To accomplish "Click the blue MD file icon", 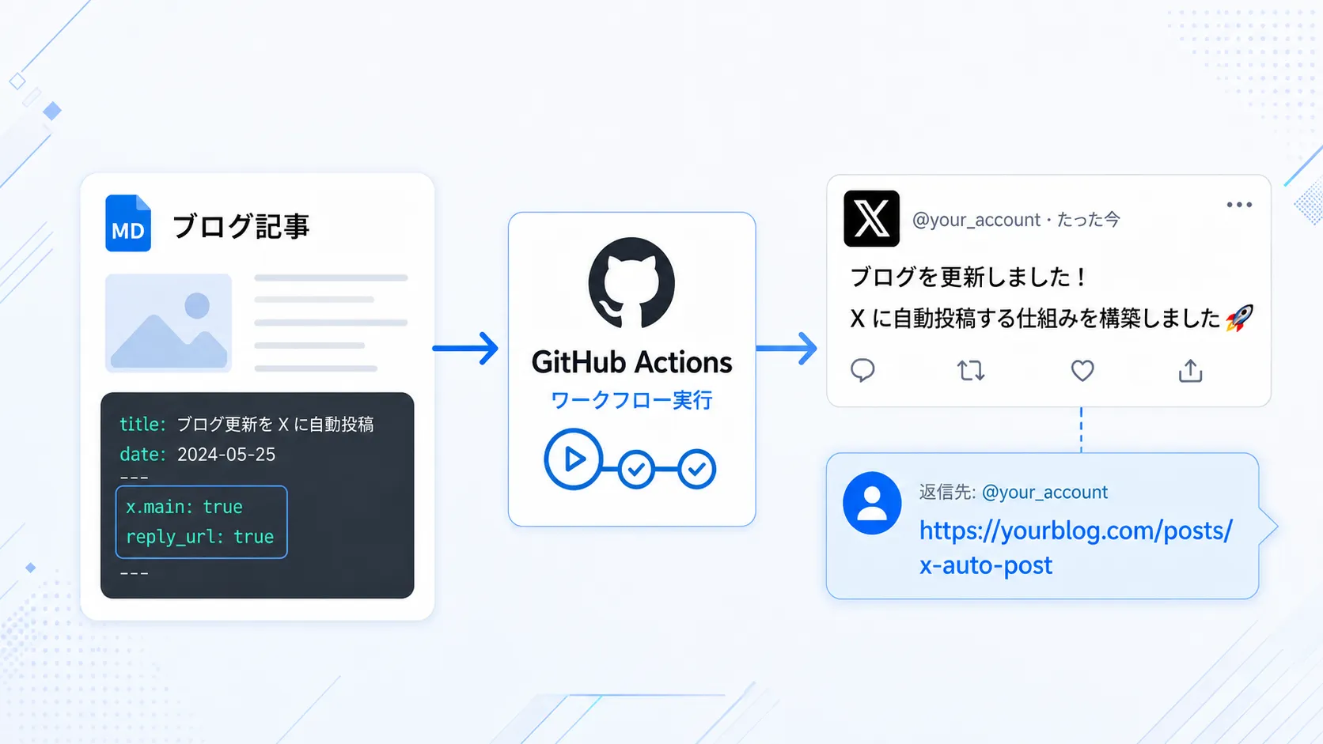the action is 128,223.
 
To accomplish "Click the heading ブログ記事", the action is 241,226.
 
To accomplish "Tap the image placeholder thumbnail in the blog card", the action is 169,323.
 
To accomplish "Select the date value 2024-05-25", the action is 226,455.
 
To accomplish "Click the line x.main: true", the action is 184,507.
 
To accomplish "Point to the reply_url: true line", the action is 199,537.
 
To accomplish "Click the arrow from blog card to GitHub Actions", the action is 465,348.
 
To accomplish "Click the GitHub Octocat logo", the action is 631,282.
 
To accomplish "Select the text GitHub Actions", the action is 632,362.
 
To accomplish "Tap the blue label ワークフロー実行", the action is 631,400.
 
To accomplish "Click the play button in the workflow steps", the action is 573,459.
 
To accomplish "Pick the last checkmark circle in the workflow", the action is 697,469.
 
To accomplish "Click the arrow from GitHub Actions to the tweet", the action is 787,348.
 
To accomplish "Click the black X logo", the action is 871,218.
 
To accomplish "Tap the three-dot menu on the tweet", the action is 1239,205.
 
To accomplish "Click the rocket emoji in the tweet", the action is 1239,318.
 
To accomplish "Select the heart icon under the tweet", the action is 1082,371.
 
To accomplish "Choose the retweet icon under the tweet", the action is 970,371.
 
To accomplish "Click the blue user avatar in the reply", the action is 872,504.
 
